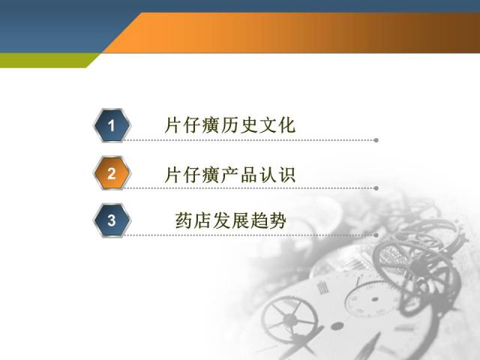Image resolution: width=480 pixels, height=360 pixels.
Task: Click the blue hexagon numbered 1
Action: point(112,125)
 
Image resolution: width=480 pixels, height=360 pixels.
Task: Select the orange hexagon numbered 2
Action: point(112,173)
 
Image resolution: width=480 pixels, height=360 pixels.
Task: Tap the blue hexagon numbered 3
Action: point(112,220)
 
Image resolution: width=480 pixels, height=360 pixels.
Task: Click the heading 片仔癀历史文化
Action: point(230,124)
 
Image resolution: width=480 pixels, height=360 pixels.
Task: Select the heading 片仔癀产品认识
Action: point(230,175)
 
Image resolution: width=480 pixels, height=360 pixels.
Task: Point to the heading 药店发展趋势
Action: point(231,220)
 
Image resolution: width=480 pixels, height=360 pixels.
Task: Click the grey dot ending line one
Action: point(376,140)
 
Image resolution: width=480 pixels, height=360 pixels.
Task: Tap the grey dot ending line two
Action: point(376,188)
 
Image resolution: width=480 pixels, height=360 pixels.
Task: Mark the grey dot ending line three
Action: point(376,235)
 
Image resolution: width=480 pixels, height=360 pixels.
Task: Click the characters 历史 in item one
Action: point(239,124)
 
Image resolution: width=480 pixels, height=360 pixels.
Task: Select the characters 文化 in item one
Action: point(277,124)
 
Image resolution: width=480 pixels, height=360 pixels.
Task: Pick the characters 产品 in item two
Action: point(239,175)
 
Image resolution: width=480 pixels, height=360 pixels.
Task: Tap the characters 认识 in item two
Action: point(277,175)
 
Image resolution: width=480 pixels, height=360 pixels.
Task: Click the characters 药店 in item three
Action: point(193,220)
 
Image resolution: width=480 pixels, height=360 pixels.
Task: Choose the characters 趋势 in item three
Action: point(268,220)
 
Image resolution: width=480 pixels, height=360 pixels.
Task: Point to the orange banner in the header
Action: point(291,32)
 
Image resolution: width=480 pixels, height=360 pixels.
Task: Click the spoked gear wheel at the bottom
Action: point(290,318)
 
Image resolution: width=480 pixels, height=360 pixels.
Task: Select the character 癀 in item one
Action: point(211,124)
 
